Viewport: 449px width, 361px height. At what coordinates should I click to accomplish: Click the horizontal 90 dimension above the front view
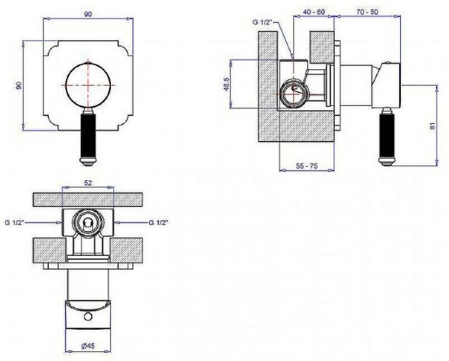tap(89, 14)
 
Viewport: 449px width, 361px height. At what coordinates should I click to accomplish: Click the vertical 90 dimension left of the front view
tap(19, 85)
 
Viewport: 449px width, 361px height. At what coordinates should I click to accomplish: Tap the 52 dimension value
tap(89, 183)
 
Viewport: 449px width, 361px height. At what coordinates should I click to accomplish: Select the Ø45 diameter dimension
tap(88, 346)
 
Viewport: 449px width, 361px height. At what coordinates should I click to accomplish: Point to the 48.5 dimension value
tap(226, 84)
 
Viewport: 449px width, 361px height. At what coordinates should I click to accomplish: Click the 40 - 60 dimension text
tap(314, 12)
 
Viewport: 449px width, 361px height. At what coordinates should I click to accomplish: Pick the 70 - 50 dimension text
tap(368, 12)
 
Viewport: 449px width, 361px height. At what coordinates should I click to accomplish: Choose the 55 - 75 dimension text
tap(307, 166)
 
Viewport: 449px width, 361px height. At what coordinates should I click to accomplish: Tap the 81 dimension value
tap(432, 126)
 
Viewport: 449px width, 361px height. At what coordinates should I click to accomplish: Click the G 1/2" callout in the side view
tap(262, 22)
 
